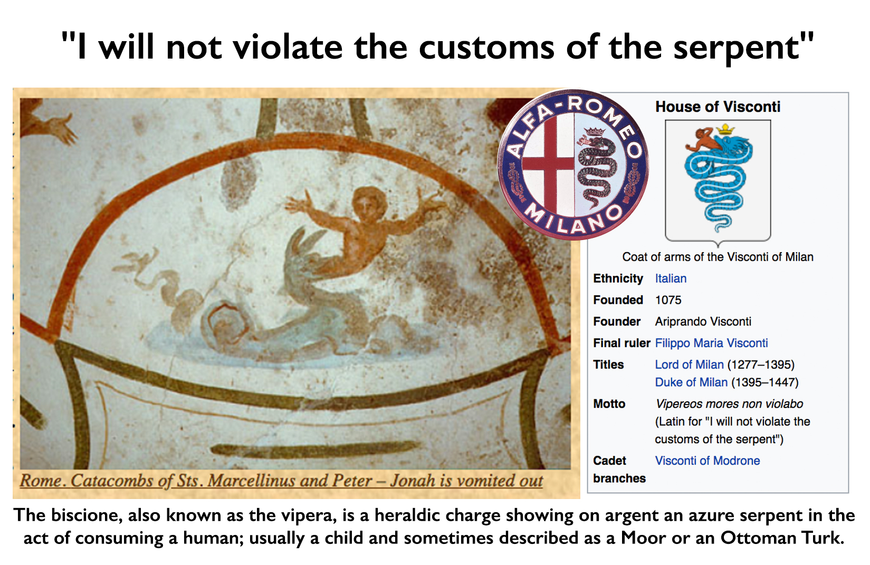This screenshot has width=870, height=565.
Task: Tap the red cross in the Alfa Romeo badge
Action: point(548,163)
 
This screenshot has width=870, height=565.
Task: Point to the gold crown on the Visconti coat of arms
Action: point(725,129)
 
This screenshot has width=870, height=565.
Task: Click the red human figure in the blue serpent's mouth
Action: point(702,140)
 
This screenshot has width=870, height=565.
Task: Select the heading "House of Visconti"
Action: point(718,107)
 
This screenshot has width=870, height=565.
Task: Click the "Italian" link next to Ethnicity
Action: point(671,279)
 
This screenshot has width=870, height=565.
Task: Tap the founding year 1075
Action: point(668,300)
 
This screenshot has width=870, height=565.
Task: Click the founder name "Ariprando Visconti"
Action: point(703,321)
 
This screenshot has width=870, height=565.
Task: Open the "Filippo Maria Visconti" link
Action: point(711,343)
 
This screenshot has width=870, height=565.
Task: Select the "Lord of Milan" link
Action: point(689,365)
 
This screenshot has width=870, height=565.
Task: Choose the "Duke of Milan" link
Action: point(691,382)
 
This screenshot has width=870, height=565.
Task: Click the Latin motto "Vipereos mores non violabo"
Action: point(729,404)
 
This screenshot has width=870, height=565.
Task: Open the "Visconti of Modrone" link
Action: point(708,461)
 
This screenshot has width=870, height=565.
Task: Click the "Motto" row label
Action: point(609,404)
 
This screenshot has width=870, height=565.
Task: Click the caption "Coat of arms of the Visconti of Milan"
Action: point(718,257)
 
